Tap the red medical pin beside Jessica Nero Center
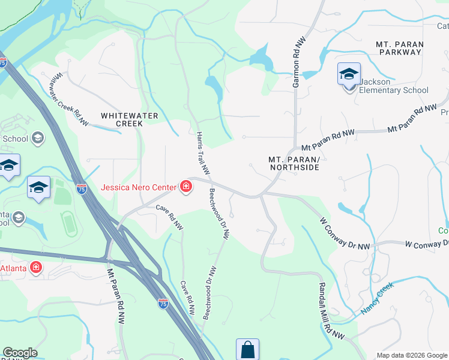tap(186, 187)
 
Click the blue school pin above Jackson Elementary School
tap(349, 75)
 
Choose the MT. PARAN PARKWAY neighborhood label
tap(399, 48)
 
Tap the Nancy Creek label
tap(376, 298)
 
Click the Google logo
tap(20, 353)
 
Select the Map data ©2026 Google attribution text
tap(412, 355)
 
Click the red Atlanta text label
tap(13, 268)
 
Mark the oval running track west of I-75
tap(68, 223)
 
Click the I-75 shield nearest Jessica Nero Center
tap(82, 188)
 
